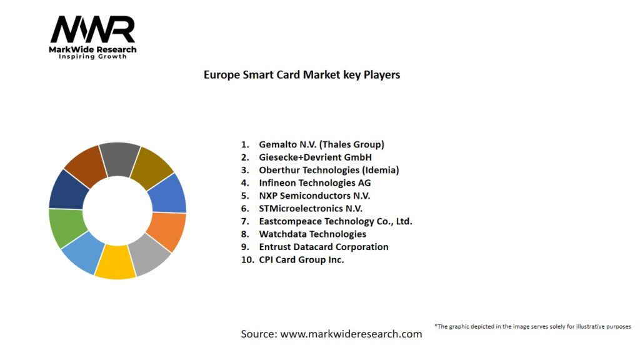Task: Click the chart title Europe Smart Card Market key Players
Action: coord(302,75)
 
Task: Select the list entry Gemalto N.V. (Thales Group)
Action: coord(321,144)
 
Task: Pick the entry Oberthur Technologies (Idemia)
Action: coord(328,170)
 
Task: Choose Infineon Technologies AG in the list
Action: coord(314,183)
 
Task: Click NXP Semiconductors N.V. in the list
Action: coord(314,196)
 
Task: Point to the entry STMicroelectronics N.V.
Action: coord(311,209)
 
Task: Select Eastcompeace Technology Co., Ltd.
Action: coord(335,221)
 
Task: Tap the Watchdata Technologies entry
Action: coord(312,234)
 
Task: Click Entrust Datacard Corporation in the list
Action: coord(323,247)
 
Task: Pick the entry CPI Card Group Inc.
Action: coord(301,260)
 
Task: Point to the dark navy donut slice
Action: coord(67,189)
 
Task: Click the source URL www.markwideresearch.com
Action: coord(351,334)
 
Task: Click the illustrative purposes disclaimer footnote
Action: coord(532,326)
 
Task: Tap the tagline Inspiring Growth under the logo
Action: coord(92,56)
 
